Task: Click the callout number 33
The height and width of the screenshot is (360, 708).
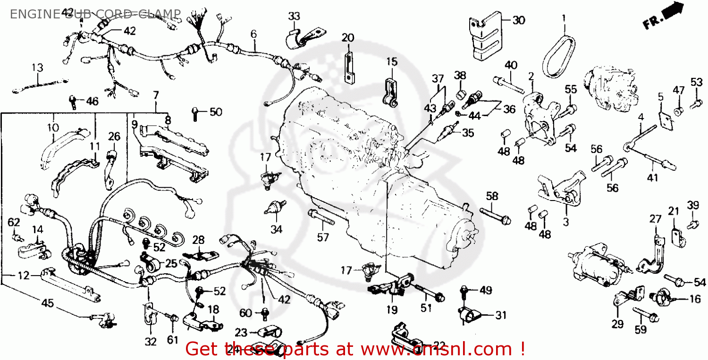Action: pyautogui.click(x=294, y=17)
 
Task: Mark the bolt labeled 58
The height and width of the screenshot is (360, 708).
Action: pyautogui.click(x=495, y=215)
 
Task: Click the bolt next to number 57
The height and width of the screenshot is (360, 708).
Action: pyautogui.click(x=321, y=218)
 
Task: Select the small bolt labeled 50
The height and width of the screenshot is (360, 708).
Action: pyautogui.click(x=195, y=112)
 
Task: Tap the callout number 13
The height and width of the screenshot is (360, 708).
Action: pyautogui.click(x=37, y=67)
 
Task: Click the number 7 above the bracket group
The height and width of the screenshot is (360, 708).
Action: pyautogui.click(x=156, y=95)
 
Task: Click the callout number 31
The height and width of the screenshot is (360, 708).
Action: pyautogui.click(x=500, y=315)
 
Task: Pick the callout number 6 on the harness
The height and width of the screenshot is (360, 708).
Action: pyautogui.click(x=253, y=34)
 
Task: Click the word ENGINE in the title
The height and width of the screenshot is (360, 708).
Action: pyautogui.click(x=29, y=14)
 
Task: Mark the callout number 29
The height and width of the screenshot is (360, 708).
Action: pyautogui.click(x=617, y=324)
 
